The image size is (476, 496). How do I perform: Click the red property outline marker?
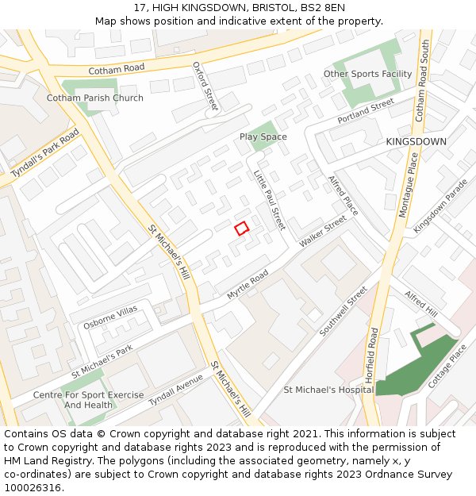click(242, 229)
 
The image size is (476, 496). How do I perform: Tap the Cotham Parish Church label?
click(95, 98)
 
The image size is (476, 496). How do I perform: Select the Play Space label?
click(263, 137)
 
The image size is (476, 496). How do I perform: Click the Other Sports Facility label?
click(367, 75)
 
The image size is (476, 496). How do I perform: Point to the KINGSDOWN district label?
click(416, 142)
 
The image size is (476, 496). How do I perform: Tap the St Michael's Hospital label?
click(328, 390)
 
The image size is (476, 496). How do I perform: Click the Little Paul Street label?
click(269, 200)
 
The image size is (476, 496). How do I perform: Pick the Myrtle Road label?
click(248, 284)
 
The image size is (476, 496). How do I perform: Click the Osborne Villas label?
click(110, 317)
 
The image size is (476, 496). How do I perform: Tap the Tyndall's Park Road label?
click(46, 154)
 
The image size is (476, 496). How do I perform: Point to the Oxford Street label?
click(205, 87)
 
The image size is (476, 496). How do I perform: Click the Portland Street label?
click(366, 111)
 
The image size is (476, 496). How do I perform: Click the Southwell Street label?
click(343, 311)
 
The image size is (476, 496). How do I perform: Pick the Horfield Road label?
click(373, 355)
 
